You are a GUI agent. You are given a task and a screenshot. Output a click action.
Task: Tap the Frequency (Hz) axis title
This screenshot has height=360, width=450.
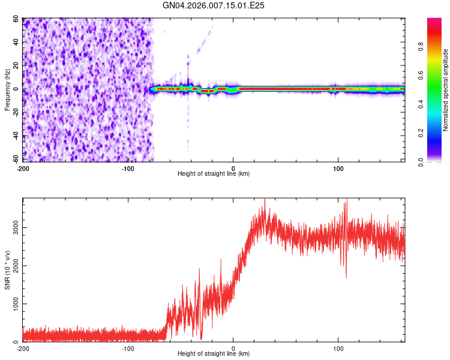click(x=7, y=89)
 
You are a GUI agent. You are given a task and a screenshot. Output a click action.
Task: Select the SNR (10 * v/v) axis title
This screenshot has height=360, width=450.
click(x=7, y=270)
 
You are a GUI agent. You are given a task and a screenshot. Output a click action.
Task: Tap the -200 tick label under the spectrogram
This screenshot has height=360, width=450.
click(x=23, y=167)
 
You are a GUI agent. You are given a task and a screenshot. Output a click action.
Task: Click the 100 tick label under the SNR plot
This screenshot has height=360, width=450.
click(x=338, y=348)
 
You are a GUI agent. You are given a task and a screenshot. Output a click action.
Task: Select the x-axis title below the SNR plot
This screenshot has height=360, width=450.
click(x=214, y=354)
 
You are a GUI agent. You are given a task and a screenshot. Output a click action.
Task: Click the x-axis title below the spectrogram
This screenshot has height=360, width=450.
click(x=214, y=173)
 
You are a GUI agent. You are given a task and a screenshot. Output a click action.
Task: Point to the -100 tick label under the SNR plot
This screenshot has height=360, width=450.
click(x=128, y=348)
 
